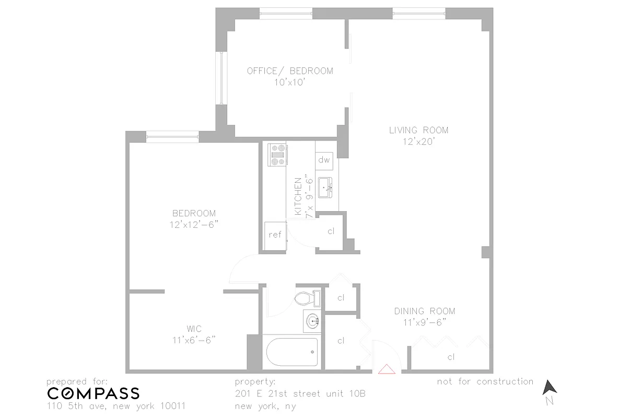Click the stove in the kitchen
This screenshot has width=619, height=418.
point(277,155)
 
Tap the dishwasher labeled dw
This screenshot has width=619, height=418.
point(324,160)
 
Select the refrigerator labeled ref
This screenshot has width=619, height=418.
point(275,235)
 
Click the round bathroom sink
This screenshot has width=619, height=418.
point(312,321)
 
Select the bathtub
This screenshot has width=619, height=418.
point(292,352)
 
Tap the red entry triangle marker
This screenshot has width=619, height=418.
point(387,369)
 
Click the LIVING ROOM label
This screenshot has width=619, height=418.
point(418,130)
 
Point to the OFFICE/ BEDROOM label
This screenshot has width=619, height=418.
point(290,71)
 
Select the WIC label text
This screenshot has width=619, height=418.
point(194,329)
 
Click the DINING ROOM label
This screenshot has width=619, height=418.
point(424,311)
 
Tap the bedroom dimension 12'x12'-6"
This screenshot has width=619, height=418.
point(194,225)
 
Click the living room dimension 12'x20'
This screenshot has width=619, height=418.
point(418,142)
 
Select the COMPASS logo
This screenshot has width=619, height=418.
point(94,393)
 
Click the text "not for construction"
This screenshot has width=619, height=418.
point(485,381)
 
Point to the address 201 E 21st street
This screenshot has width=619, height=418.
point(300,393)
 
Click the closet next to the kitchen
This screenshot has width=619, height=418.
point(331,231)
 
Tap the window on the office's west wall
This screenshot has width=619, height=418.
point(222,78)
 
